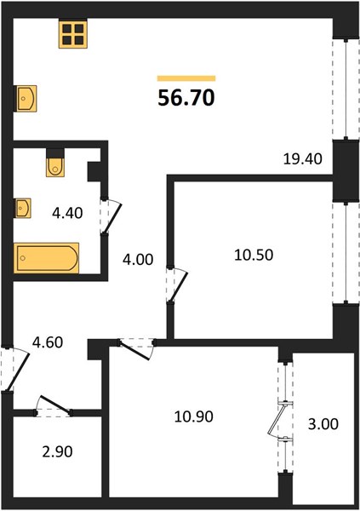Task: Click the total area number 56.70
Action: tap(186, 98)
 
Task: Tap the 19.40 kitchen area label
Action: tap(303, 159)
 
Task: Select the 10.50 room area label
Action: tap(254, 255)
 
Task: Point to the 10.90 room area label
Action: tap(194, 416)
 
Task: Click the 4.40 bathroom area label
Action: tap(67, 213)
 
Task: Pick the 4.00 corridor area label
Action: tap(138, 260)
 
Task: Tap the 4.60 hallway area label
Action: tap(48, 342)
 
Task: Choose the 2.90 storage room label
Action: tap(57, 451)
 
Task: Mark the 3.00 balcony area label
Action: tap(323, 424)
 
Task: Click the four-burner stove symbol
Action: tap(73, 34)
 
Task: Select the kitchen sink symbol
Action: tap(26, 99)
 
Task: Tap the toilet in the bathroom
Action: tap(55, 163)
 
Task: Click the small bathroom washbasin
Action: tap(23, 208)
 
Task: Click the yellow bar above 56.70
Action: tap(186, 78)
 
